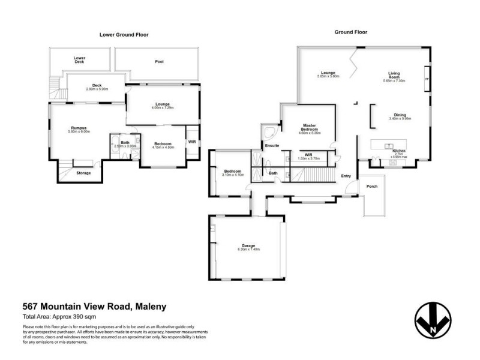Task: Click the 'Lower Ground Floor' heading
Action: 124,35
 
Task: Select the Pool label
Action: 159,61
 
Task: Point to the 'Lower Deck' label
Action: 80,59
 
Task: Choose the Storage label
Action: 84,173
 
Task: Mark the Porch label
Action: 372,187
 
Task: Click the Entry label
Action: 346,176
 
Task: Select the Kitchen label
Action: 399,151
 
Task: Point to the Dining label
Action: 400,115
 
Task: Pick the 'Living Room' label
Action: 394,76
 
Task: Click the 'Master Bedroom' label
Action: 309,128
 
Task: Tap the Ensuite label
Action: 272,145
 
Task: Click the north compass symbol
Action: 433,319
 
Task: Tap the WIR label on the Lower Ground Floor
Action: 192,142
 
